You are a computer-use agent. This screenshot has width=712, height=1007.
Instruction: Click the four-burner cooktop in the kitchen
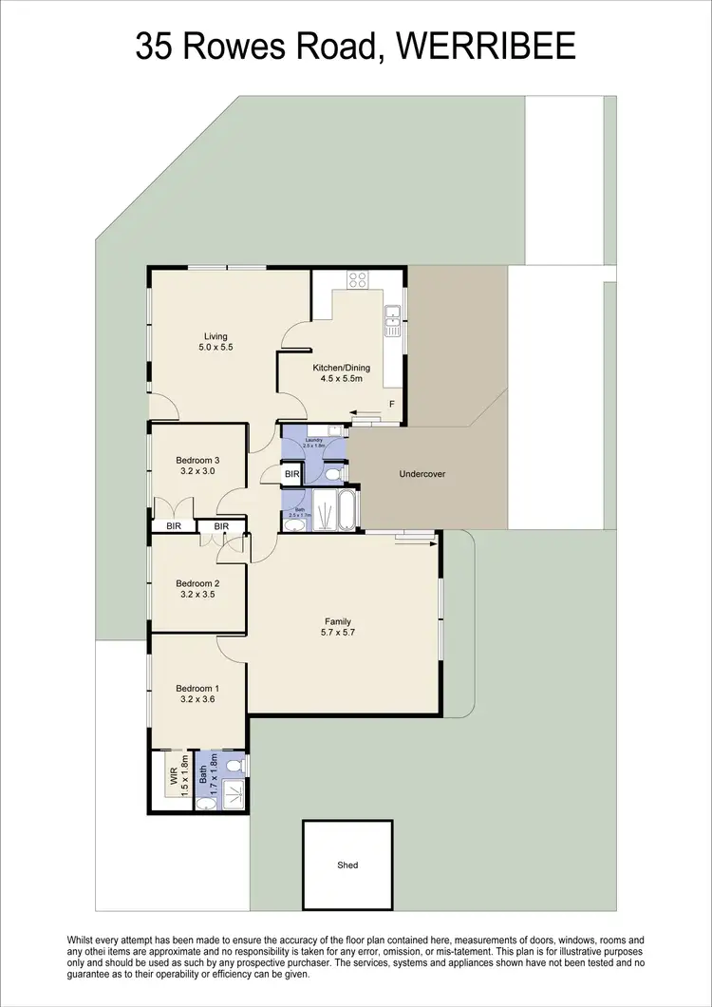(358, 279)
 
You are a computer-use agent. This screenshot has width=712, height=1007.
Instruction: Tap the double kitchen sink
(391, 323)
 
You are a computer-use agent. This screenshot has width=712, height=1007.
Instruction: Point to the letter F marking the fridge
(392, 404)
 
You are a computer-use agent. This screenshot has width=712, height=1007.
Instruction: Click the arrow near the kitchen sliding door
(362, 415)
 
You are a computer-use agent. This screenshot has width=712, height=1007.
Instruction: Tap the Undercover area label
(422, 473)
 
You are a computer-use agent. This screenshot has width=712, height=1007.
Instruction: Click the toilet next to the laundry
(333, 471)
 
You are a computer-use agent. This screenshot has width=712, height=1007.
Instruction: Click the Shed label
(348, 865)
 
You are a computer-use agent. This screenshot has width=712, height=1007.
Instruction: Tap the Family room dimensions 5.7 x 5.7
(339, 632)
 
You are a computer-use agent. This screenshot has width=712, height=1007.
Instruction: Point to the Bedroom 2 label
(197, 583)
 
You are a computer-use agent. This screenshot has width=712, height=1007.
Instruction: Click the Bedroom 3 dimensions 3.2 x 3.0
(197, 470)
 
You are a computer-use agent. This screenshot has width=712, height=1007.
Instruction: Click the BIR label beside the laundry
(292, 473)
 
